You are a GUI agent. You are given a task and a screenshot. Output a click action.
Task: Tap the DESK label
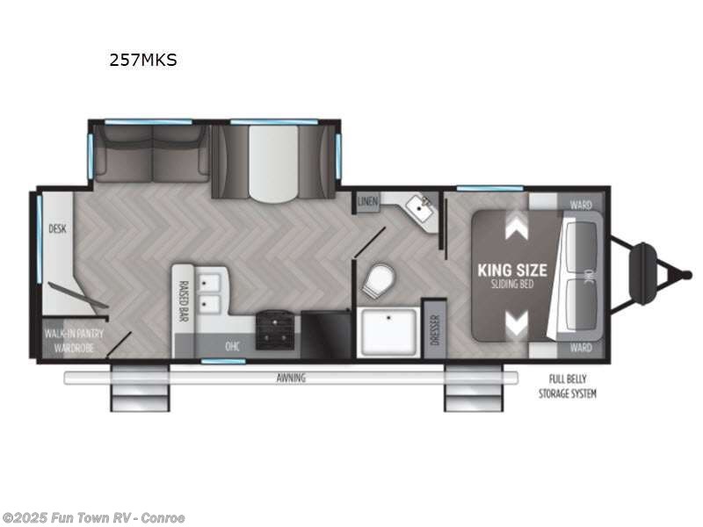[x=58, y=229]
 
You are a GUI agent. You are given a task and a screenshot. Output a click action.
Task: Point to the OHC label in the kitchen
[x=233, y=346]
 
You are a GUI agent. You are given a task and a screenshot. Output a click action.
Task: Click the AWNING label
[x=291, y=378]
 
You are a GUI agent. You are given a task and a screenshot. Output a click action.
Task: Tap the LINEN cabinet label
[x=368, y=202]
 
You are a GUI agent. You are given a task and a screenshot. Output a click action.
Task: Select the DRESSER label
[x=434, y=328]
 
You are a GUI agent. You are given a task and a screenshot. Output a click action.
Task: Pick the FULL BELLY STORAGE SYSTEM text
[x=568, y=386]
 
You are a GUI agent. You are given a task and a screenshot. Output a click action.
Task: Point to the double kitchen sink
[x=210, y=292]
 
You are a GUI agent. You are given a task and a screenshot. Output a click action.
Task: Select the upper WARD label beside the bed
[x=580, y=205]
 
